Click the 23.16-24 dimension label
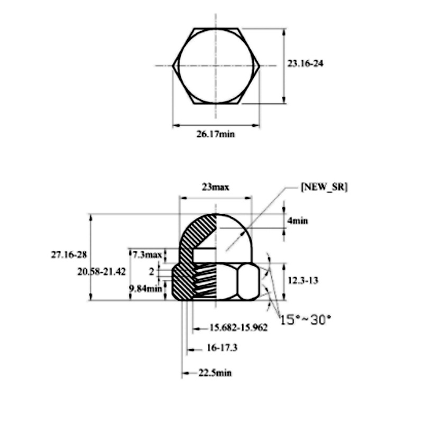[x=306, y=63]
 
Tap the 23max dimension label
[x=215, y=187]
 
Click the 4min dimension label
[x=297, y=220]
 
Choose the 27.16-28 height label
[x=69, y=254]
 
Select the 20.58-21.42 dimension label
[x=101, y=271]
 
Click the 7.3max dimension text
[x=147, y=255]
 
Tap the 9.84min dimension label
[x=145, y=289]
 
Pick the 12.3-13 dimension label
[x=302, y=281]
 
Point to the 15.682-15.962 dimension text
[x=238, y=328]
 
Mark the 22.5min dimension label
[x=215, y=373]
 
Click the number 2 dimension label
[x=152, y=271]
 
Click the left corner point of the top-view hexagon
[x=173, y=66]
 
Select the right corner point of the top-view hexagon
[x=260, y=66]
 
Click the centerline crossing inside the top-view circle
[x=216, y=66]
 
